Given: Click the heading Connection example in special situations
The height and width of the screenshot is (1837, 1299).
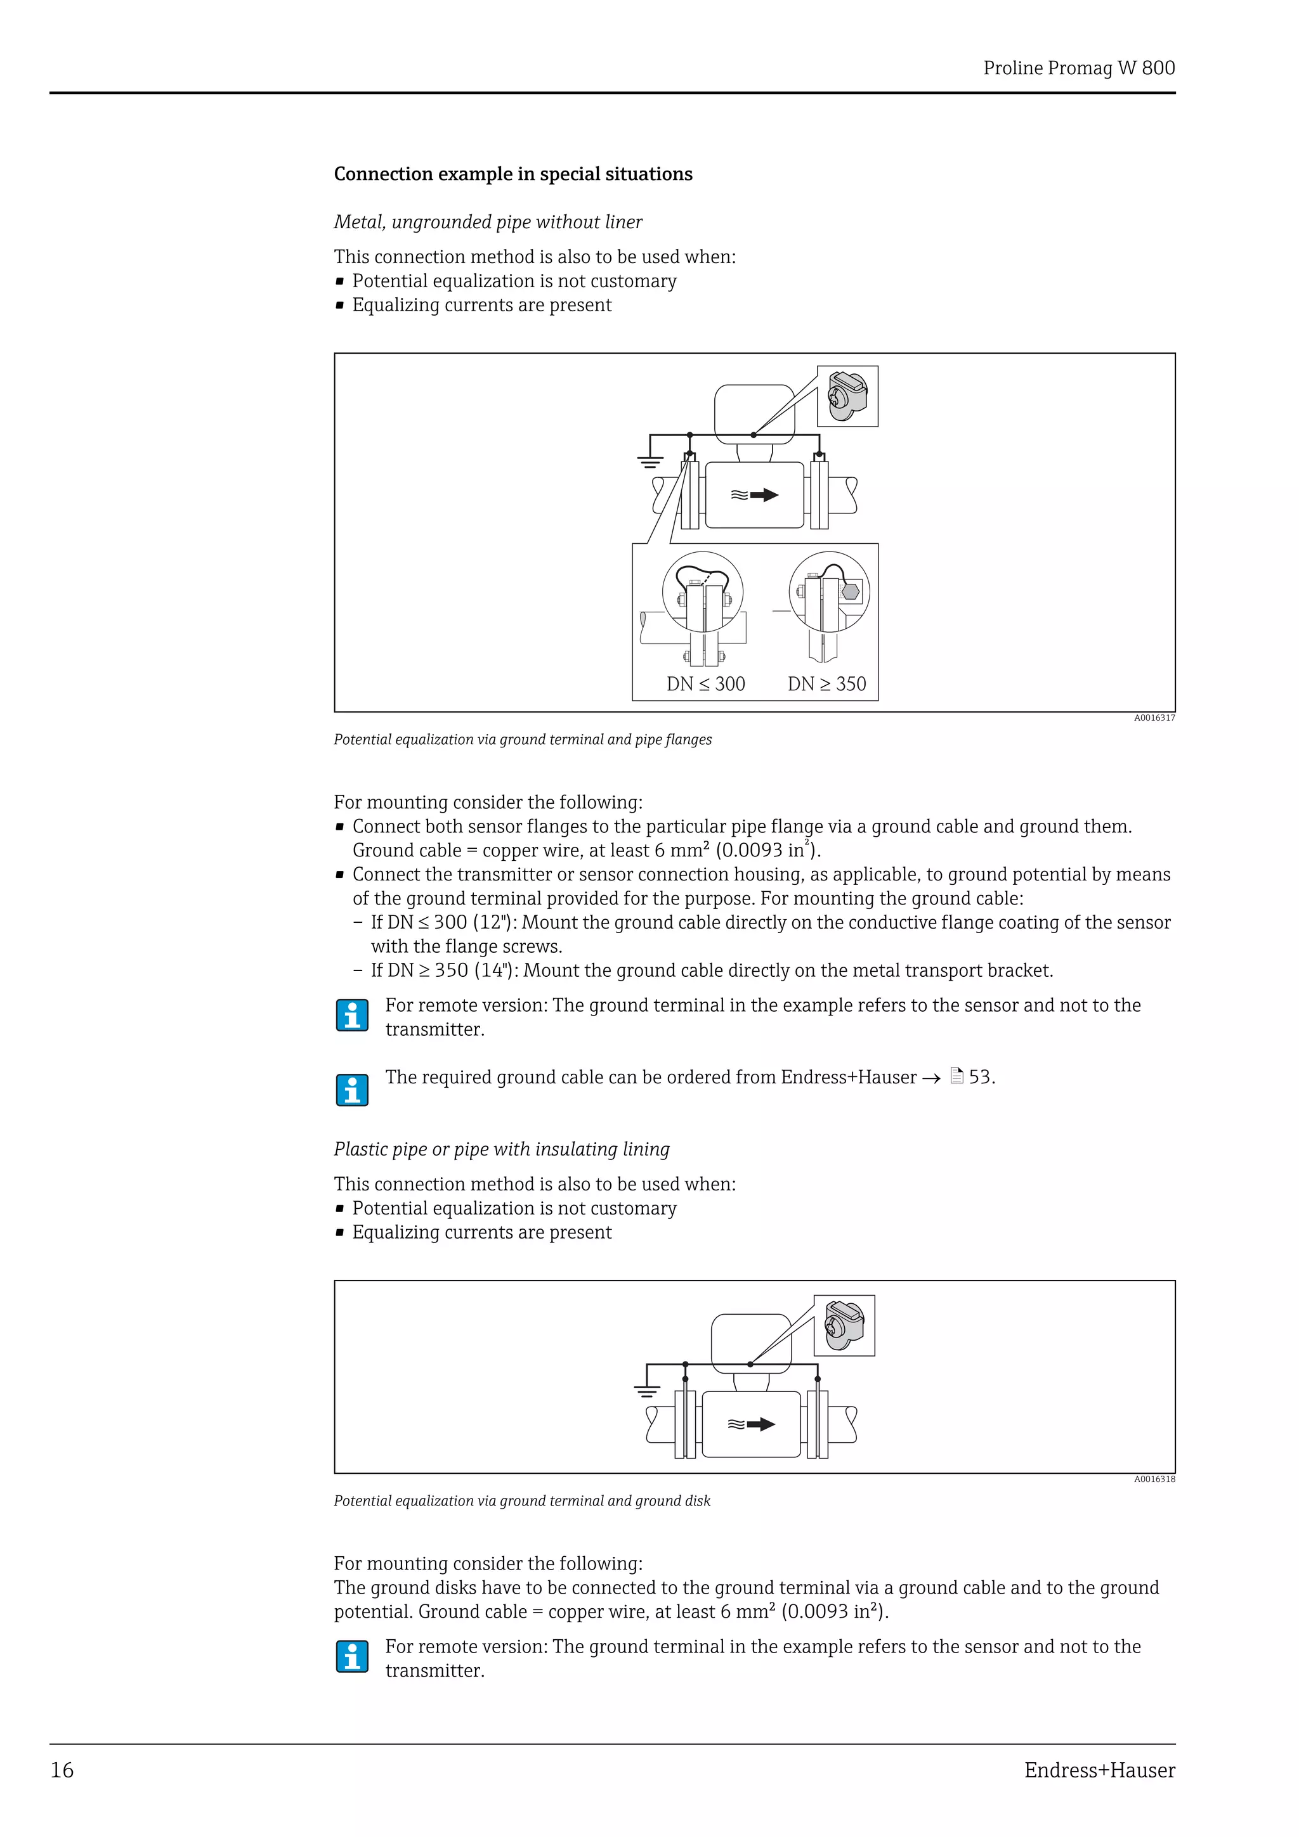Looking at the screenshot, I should pos(512,174).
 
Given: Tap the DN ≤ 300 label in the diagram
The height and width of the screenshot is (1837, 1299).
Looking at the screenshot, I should pos(705,684).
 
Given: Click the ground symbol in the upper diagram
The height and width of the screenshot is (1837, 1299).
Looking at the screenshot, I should pos(649,461).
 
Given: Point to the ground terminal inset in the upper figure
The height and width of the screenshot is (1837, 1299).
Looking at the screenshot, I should pos(847,397).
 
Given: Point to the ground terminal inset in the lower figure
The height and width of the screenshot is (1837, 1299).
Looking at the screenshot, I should pos(844,1325).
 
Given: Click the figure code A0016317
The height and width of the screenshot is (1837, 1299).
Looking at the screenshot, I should pos(1153,718).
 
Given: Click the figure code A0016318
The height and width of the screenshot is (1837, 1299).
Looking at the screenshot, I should pos(1153,1479).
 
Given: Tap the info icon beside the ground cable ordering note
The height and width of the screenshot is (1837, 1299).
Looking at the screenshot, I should pos(352,1090).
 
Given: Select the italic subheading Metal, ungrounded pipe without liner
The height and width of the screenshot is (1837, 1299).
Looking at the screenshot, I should pos(487,222).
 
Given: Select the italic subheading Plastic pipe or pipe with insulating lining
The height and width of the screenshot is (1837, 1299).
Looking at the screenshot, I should pos(501,1149).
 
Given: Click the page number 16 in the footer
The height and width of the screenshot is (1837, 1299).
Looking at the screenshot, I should pos(62,1770).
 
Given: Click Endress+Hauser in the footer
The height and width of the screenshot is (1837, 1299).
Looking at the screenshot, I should pos(1099,1770).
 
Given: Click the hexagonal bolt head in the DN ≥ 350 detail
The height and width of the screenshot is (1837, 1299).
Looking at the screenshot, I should pos(850,591).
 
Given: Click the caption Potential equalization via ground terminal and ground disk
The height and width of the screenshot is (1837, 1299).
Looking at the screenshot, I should pos(522,1501).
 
